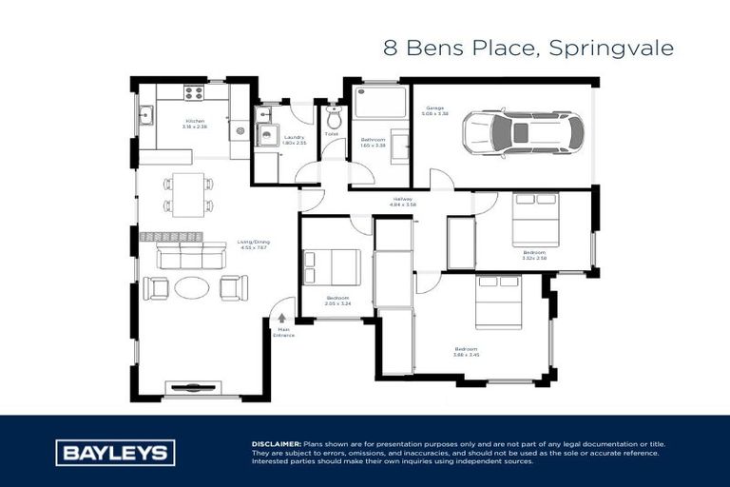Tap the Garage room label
435,108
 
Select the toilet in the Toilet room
333,121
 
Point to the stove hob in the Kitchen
193,93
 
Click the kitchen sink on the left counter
146,117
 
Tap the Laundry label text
295,137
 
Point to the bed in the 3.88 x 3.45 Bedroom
499,301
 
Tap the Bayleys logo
115,453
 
